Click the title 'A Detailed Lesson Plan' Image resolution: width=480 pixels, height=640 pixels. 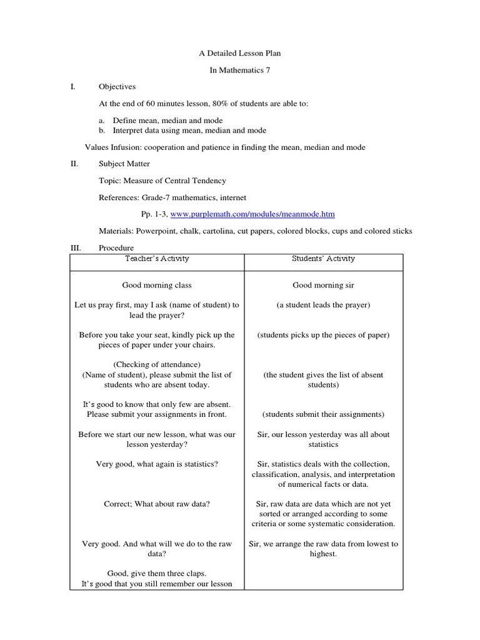click(240, 54)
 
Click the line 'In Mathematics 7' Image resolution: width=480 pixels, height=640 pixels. click(240, 71)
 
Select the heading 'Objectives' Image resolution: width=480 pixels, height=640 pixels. click(117, 87)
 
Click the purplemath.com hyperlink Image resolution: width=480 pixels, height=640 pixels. click(252, 214)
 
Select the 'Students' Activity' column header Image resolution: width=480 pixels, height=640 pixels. click(323, 259)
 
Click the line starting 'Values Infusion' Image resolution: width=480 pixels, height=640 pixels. click(225, 147)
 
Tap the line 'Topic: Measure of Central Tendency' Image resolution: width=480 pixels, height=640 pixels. click(162, 181)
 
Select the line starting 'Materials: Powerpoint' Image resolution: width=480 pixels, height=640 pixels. click(255, 231)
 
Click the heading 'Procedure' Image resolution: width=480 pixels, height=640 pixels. click(117, 248)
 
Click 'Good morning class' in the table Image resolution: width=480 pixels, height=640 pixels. click(156, 286)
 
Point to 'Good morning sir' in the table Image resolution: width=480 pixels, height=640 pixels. click(323, 286)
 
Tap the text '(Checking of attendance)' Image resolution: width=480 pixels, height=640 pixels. click(156, 364)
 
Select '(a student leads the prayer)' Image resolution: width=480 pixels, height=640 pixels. click(323, 305)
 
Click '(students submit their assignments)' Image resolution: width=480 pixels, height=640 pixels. click(323, 414)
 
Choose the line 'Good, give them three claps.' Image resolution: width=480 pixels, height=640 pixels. click(156, 574)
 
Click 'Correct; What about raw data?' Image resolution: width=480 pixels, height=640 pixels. click(156, 504)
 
